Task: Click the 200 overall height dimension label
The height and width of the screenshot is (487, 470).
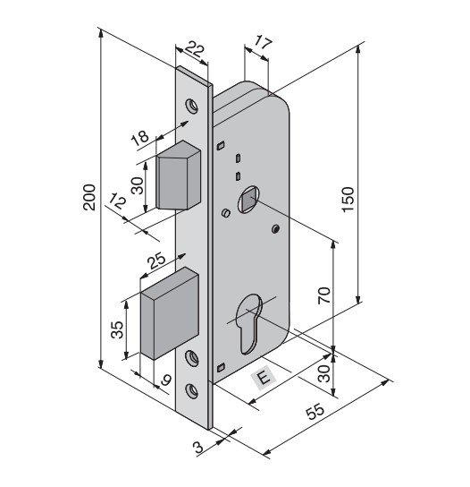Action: point(89,198)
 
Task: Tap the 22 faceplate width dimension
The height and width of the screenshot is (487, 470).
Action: point(195,50)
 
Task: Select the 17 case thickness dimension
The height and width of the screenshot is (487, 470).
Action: point(263,43)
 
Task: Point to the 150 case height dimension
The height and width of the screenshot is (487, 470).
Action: point(348,199)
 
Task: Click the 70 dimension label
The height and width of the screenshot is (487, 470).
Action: point(324,295)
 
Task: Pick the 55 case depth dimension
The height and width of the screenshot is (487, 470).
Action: point(315,411)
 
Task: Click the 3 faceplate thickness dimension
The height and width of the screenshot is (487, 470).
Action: point(198,448)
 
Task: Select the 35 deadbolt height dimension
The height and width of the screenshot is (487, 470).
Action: point(118,329)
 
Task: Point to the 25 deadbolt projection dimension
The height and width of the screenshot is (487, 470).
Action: point(157,261)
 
